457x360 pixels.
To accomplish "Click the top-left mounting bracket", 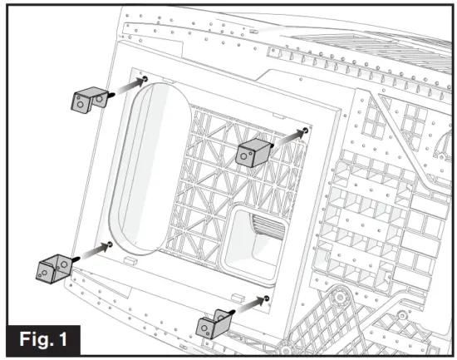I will tap(85, 101).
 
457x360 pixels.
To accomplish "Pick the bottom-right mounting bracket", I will tap(214, 323).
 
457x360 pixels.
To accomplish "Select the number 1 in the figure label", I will tap(73, 339).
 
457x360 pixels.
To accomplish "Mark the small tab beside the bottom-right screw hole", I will tap(238, 295).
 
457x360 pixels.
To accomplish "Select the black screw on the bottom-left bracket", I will tap(75, 260).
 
